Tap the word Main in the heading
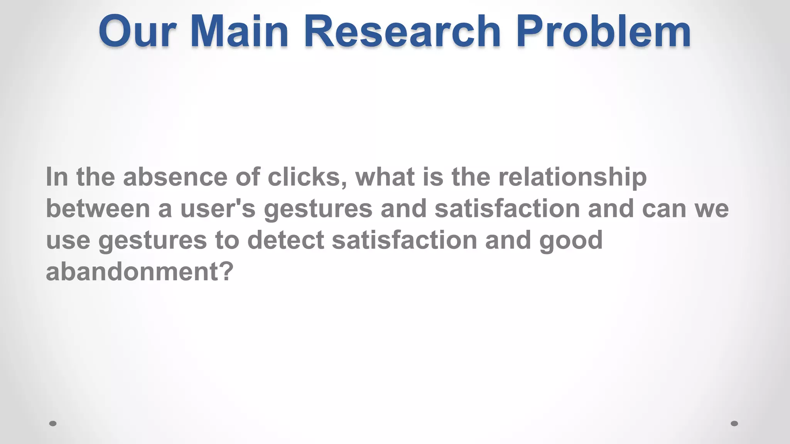coord(239,32)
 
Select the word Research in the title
coord(402,32)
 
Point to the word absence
coord(175,177)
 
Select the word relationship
coord(572,178)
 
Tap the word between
coord(98,209)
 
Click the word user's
coord(218,209)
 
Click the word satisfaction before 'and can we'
coord(507,209)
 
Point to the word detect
coord(285,240)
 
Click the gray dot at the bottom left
coord(53,424)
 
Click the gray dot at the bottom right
coord(734,424)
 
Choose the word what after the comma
coord(385,177)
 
